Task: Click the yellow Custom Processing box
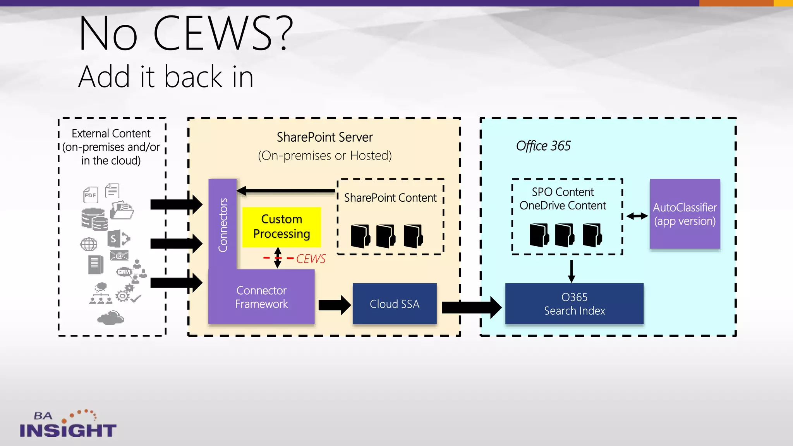point(281,227)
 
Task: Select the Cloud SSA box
point(394,304)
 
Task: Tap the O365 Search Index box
point(574,304)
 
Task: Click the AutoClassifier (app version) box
point(685,214)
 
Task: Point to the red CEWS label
point(311,259)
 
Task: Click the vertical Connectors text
point(223,225)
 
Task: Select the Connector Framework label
point(261,297)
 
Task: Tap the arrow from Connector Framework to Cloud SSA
point(334,305)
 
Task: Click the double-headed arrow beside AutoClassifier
point(637,216)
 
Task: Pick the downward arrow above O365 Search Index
point(572,271)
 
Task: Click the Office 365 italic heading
point(543,146)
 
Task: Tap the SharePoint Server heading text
point(324,137)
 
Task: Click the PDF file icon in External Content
point(91,194)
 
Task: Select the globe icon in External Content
point(89,244)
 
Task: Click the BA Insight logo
point(68,424)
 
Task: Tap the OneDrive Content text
point(562,206)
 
